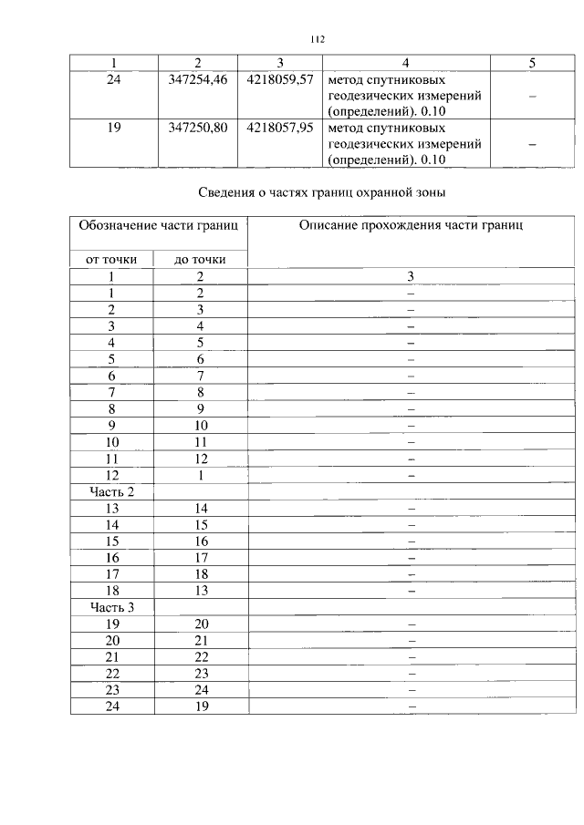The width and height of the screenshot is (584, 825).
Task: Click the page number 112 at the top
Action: click(x=317, y=39)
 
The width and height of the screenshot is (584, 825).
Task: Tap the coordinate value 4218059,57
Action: click(x=279, y=79)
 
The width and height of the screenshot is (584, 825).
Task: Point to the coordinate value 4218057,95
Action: click(x=279, y=128)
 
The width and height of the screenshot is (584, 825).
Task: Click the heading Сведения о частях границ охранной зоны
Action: click(x=321, y=192)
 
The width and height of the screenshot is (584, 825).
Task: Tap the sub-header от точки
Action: click(x=111, y=259)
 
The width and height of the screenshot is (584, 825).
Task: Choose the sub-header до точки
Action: click(x=200, y=259)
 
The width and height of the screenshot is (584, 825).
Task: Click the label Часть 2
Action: click(x=111, y=491)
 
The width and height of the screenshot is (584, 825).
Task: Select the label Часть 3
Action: click(x=111, y=606)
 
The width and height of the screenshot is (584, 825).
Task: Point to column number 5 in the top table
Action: click(x=532, y=62)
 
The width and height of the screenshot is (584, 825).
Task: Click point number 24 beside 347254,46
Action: click(x=114, y=79)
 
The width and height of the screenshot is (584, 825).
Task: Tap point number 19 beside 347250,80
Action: click(x=114, y=128)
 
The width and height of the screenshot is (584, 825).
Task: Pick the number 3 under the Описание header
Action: click(x=411, y=275)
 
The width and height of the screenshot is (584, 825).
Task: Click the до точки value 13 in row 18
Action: click(x=201, y=590)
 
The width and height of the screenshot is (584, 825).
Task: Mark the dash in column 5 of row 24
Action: click(x=532, y=96)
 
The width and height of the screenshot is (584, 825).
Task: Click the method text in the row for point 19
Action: click(x=405, y=144)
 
